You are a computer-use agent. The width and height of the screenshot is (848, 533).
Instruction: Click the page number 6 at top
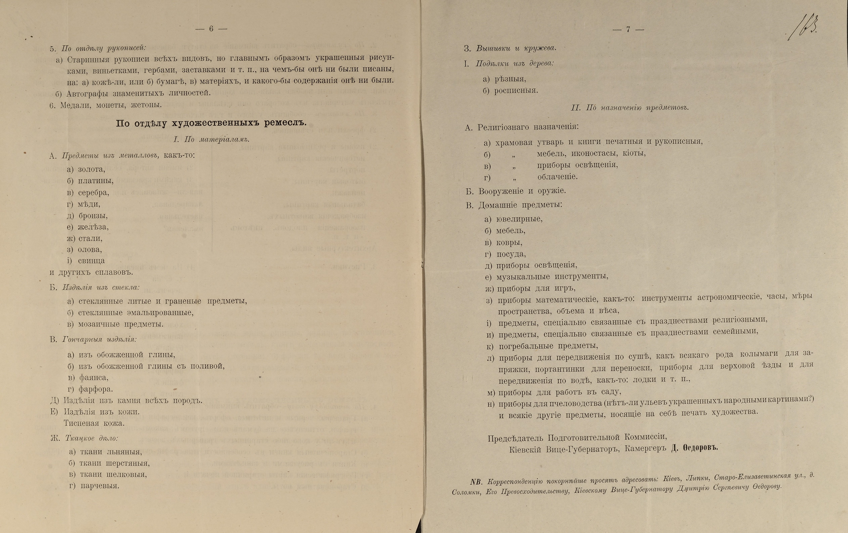click(211, 29)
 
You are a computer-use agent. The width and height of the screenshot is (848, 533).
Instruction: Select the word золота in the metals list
click(91, 169)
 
